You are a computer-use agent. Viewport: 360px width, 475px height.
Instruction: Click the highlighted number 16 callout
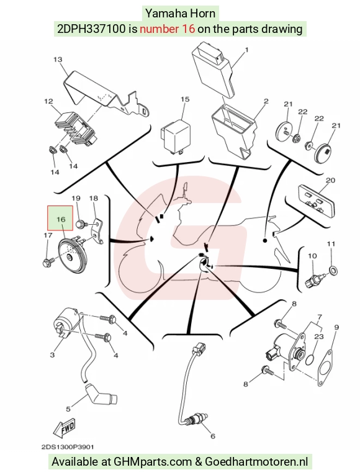(x=60, y=218)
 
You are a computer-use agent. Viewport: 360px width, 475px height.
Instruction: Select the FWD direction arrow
(x=64, y=428)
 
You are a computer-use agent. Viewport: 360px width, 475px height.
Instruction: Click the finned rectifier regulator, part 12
(x=75, y=130)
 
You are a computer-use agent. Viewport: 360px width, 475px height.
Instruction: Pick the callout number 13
(x=58, y=60)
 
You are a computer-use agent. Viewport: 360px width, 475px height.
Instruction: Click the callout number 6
(x=213, y=436)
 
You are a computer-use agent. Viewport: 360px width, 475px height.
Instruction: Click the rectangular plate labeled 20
(x=317, y=200)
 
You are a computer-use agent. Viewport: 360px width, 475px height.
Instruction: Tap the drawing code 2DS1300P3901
(x=68, y=447)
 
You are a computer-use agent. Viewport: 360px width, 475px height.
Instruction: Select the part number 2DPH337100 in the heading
(x=91, y=29)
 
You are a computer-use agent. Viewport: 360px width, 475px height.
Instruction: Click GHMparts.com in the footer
(x=152, y=462)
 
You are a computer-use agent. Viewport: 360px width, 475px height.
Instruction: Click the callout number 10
(x=312, y=256)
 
